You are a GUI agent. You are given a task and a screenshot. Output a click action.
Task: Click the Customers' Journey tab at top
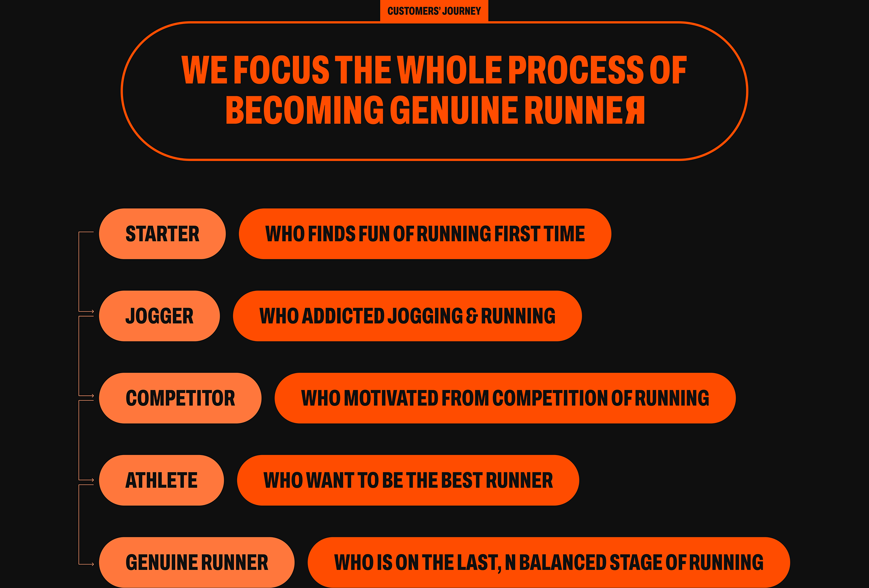coord(434,11)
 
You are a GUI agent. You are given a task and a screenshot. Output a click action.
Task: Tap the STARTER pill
coord(162,234)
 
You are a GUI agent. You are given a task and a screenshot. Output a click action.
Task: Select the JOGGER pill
coord(159,316)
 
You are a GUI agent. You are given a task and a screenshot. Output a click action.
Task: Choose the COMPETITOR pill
coord(180,398)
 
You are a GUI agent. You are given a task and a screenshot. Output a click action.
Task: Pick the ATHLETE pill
coord(161,480)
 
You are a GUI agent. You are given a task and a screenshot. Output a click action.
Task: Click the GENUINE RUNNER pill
coord(196,562)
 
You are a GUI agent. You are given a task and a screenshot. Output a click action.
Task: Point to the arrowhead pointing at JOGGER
coord(92,312)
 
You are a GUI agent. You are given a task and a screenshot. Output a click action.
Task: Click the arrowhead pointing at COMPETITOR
coord(92,396)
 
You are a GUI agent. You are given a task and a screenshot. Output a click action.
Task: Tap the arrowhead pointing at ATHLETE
coord(92,480)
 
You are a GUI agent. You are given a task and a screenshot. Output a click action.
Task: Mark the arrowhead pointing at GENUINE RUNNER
coord(92,564)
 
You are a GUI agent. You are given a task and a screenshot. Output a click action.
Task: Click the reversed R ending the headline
coord(635,110)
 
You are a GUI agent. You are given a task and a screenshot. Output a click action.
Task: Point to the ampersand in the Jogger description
coord(472,316)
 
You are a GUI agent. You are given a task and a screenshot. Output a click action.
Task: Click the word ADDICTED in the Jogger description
coord(343,316)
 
